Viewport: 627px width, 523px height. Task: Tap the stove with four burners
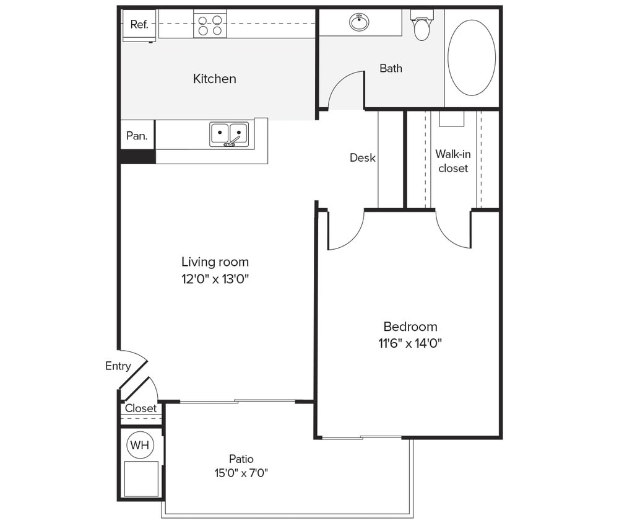pyautogui.click(x=209, y=25)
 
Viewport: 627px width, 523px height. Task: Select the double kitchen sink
pyautogui.click(x=229, y=134)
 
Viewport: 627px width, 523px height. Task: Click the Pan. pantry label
pyautogui.click(x=137, y=136)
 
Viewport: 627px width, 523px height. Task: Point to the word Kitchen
pyautogui.click(x=214, y=79)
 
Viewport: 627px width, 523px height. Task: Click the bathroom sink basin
pyautogui.click(x=359, y=23)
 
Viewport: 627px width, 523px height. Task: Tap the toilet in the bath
pyautogui.click(x=422, y=27)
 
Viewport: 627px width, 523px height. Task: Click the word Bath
pyautogui.click(x=391, y=68)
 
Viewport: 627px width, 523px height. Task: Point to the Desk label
pyautogui.click(x=362, y=157)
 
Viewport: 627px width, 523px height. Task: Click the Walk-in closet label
pyautogui.click(x=452, y=160)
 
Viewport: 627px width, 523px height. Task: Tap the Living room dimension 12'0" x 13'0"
pyautogui.click(x=215, y=279)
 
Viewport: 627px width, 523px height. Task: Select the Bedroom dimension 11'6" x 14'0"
pyautogui.click(x=410, y=343)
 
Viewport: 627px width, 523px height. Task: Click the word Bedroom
pyautogui.click(x=410, y=327)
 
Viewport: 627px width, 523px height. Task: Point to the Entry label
pyautogui.click(x=118, y=366)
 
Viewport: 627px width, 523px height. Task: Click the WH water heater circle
pyautogui.click(x=140, y=445)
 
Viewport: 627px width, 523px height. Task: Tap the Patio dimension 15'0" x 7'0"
pyautogui.click(x=241, y=473)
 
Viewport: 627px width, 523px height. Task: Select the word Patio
pyautogui.click(x=241, y=459)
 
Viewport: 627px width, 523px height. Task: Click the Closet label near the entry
pyautogui.click(x=141, y=408)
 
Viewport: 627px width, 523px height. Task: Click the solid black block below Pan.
pyautogui.click(x=137, y=157)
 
